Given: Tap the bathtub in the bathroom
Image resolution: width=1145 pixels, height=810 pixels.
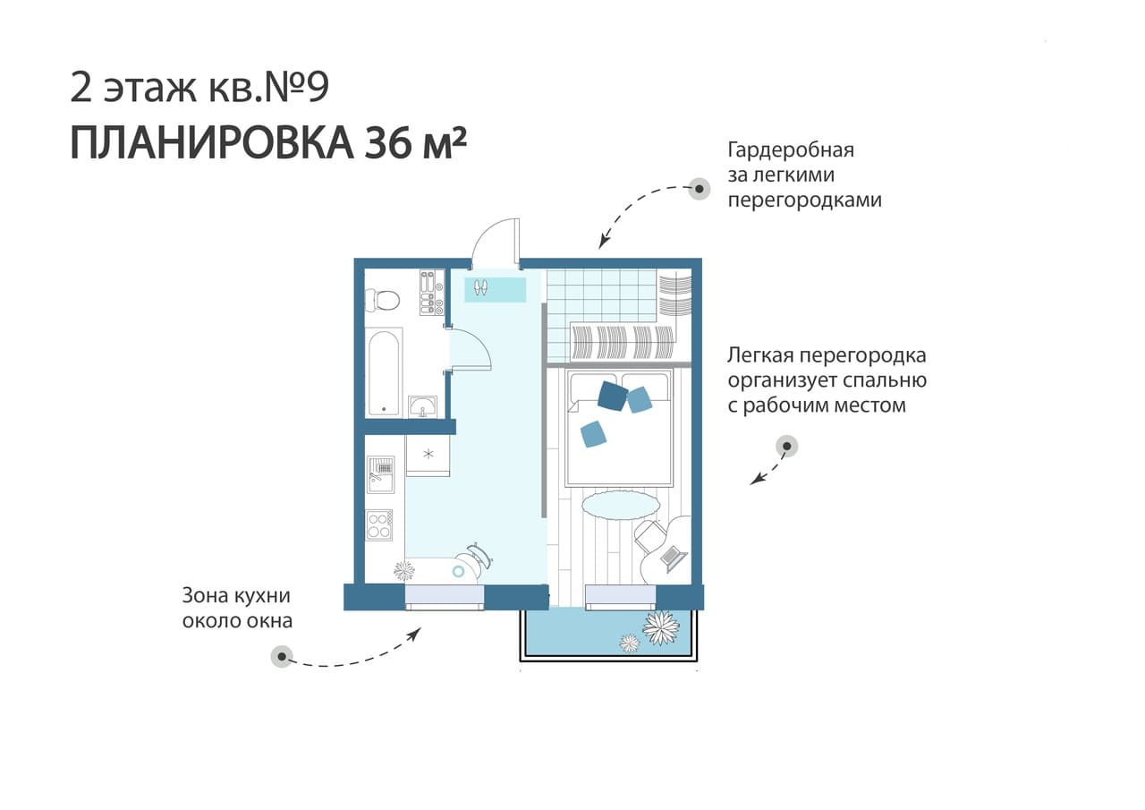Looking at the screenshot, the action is (384, 373).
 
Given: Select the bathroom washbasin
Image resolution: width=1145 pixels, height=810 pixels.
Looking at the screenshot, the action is (422, 407).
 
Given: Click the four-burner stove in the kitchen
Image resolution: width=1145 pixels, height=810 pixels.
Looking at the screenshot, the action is (378, 525).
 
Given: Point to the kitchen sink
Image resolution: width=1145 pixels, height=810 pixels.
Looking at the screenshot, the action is (381, 474).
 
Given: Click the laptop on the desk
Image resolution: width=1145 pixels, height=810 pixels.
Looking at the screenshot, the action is (674, 558).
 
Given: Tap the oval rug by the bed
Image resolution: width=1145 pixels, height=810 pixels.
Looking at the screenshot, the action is (621, 506).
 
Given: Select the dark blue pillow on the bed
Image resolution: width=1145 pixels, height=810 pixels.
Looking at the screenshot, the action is (613, 396).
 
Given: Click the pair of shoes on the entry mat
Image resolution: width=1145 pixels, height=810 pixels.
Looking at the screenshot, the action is (480, 287).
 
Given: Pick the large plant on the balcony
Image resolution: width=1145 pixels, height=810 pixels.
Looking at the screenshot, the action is (661, 627).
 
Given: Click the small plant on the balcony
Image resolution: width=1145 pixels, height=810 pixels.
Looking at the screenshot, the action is (630, 644).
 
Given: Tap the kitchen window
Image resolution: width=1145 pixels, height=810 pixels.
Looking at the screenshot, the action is (445, 597).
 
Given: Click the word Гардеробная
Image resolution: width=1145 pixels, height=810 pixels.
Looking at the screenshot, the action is (791, 150).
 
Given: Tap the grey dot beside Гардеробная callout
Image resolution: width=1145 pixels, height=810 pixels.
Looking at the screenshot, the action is (700, 189).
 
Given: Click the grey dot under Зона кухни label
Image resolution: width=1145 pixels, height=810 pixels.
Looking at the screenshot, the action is (282, 656).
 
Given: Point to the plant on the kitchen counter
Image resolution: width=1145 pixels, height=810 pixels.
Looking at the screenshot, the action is (403, 571).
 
